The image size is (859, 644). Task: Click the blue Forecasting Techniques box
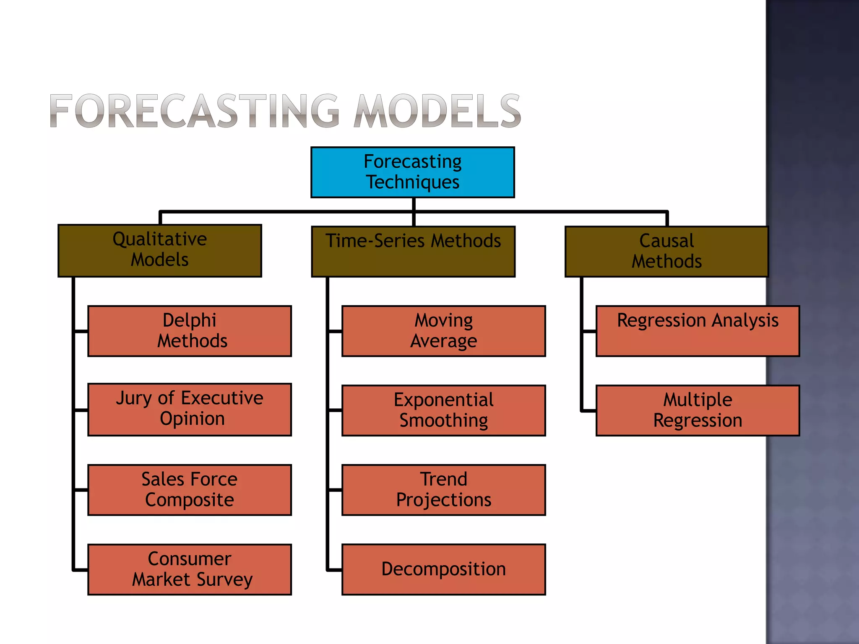(413, 172)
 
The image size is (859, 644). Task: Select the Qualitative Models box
(160, 251)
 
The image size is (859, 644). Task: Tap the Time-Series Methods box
(413, 252)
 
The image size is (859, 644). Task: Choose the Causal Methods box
(666, 252)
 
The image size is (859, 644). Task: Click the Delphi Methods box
(190, 331)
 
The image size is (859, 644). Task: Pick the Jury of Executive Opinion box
(190, 409)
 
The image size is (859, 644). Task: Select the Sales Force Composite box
(190, 490)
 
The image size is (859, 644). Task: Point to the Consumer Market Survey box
(190, 569)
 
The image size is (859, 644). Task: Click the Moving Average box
(444, 331)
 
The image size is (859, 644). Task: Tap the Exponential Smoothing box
(444, 410)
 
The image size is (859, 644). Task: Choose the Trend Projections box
(444, 490)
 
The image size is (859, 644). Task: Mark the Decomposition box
(444, 569)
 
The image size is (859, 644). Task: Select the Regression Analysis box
(698, 331)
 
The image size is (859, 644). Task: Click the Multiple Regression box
(698, 410)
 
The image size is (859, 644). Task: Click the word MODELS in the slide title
(437, 111)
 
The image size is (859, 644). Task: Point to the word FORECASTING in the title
(194, 111)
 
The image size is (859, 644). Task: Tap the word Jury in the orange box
(134, 398)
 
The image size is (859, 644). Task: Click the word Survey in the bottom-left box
(224, 580)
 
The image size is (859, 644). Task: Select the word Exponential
(444, 400)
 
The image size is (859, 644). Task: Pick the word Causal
(666, 241)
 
